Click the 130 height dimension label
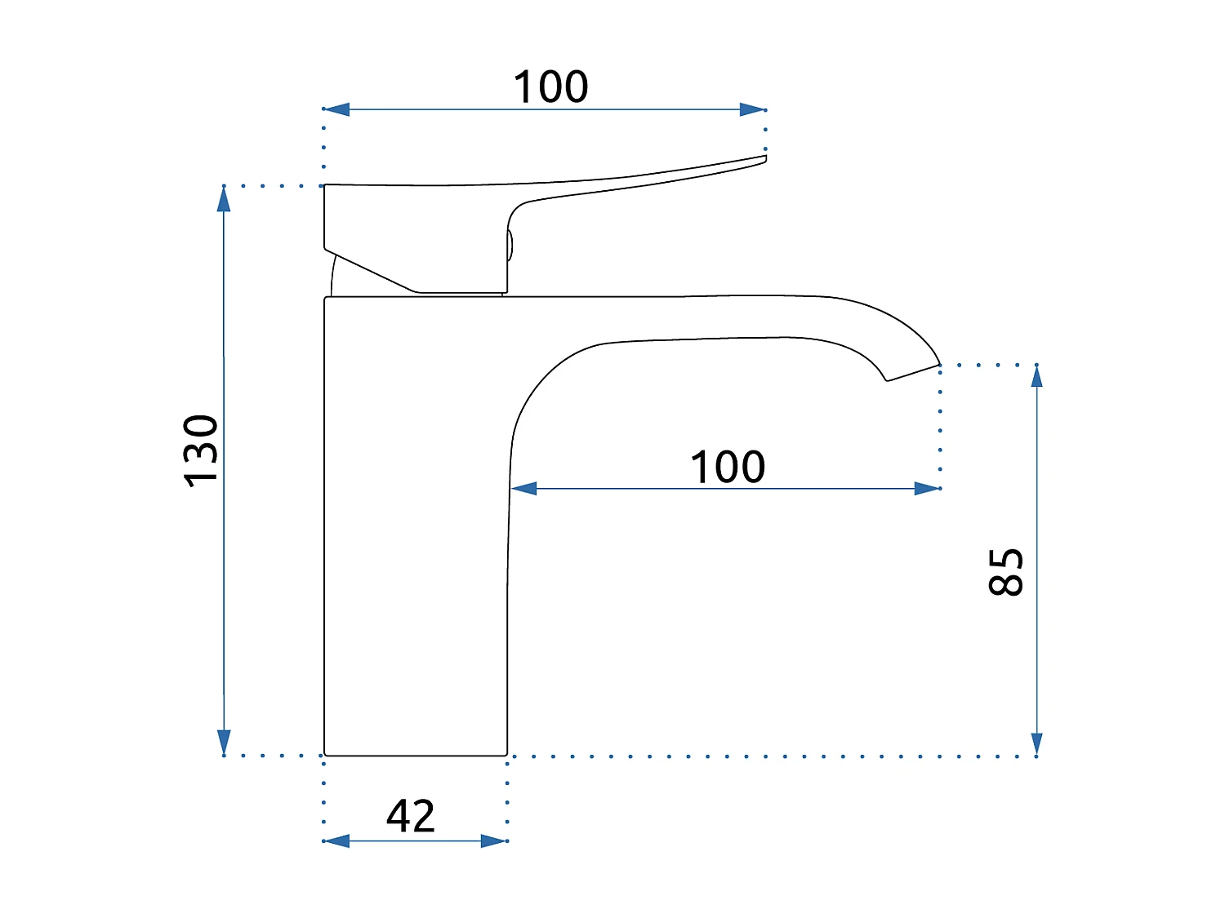point(200,451)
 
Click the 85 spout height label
point(1005,572)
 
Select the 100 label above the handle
point(550,86)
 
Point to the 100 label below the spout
point(727,467)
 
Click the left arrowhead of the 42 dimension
point(336,841)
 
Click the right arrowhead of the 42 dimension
point(494,841)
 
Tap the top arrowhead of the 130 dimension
point(224,199)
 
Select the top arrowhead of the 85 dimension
point(1037,376)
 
